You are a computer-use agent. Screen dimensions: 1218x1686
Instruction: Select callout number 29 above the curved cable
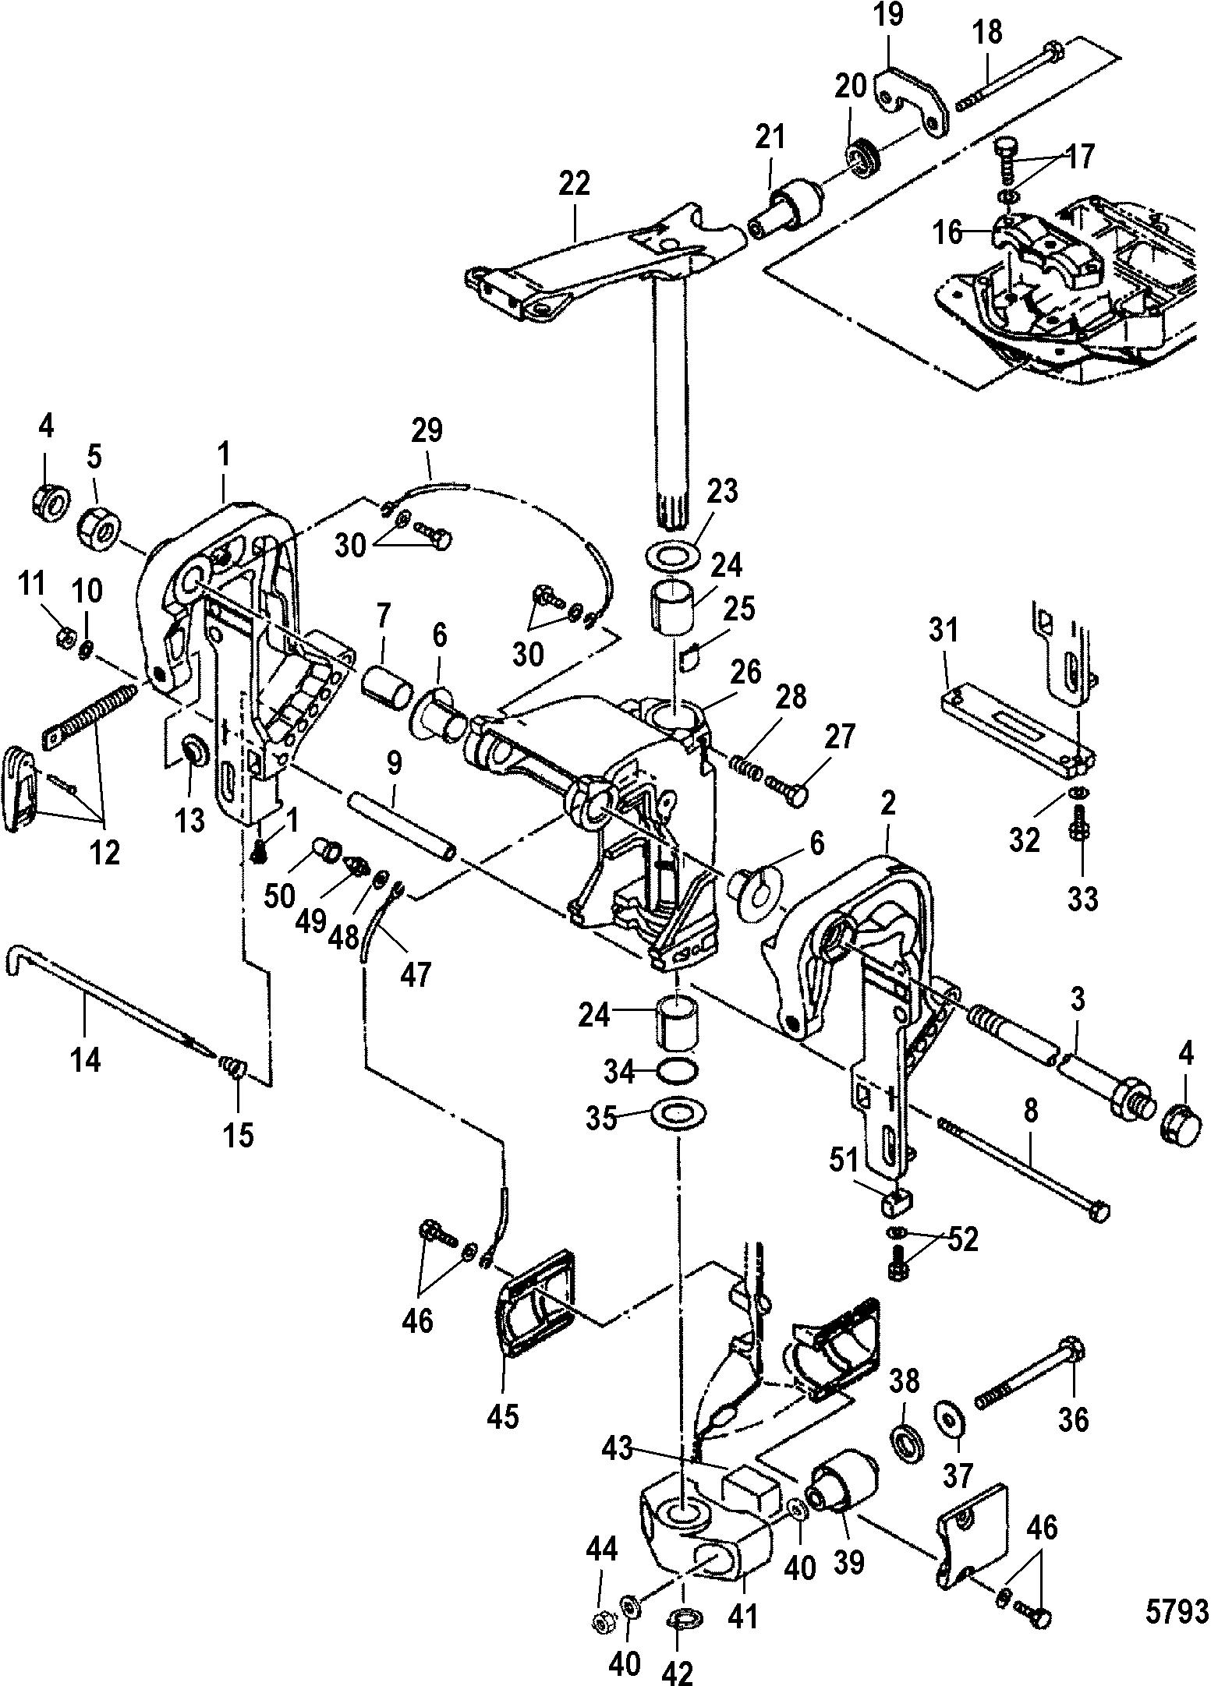click(x=427, y=430)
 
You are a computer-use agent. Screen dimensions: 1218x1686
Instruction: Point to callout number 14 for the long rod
click(x=86, y=1059)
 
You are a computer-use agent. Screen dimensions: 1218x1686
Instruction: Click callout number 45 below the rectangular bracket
click(x=503, y=1416)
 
